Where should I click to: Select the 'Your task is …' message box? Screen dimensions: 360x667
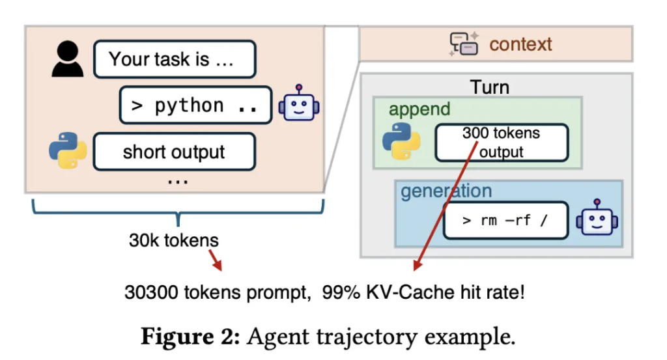[x=174, y=60]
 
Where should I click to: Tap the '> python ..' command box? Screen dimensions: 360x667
[x=195, y=105]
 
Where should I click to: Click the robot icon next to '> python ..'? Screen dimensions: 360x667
[x=299, y=104]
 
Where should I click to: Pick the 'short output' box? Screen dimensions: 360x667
[x=174, y=152]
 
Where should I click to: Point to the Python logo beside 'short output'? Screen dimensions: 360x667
[x=68, y=151]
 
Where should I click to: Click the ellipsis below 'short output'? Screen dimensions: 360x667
[x=174, y=180]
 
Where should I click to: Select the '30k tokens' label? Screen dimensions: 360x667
[x=174, y=240]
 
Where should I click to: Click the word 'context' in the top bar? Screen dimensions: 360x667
[x=520, y=44]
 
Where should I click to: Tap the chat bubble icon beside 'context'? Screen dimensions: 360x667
[x=464, y=44]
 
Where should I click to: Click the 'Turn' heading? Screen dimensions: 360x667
[x=490, y=87]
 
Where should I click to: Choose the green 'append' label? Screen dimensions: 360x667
[x=419, y=109]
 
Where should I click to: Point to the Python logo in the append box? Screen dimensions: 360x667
[x=400, y=142]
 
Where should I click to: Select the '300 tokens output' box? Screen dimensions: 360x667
[x=501, y=143]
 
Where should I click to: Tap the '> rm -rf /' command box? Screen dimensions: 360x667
[x=505, y=220]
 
